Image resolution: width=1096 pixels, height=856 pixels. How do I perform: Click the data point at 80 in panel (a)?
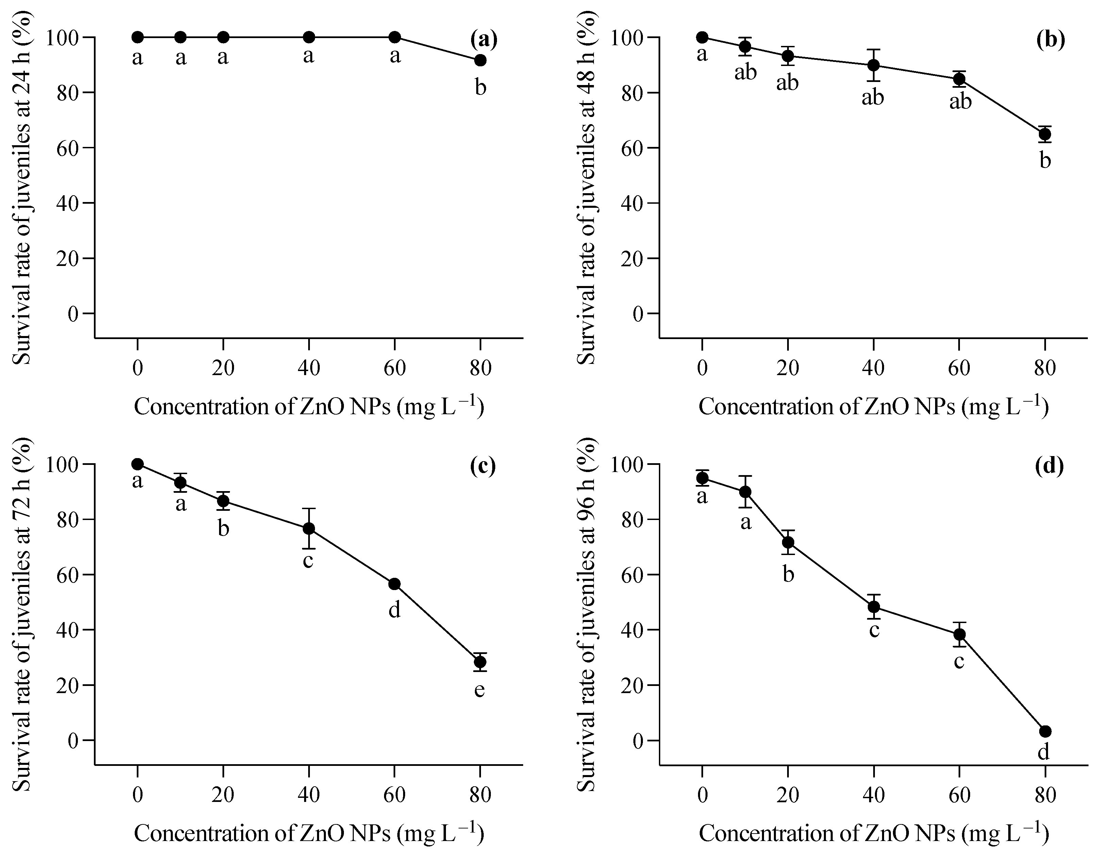480,60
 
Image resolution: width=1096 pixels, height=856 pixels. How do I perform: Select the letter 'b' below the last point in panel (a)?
480,88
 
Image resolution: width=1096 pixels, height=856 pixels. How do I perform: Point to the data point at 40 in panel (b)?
873,65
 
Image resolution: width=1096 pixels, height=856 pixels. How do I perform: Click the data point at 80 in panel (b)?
1045,134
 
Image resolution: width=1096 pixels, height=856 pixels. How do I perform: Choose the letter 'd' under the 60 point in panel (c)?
395,610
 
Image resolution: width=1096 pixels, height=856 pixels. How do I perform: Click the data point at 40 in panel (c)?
309,528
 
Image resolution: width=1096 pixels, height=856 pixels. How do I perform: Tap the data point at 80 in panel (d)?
1045,731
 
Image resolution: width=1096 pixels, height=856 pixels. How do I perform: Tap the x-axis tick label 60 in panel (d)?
959,795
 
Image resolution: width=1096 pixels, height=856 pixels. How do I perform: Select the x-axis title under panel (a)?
309,406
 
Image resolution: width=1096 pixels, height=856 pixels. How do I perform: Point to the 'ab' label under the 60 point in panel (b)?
960,101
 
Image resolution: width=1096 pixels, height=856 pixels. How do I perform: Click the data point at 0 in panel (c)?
137,464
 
